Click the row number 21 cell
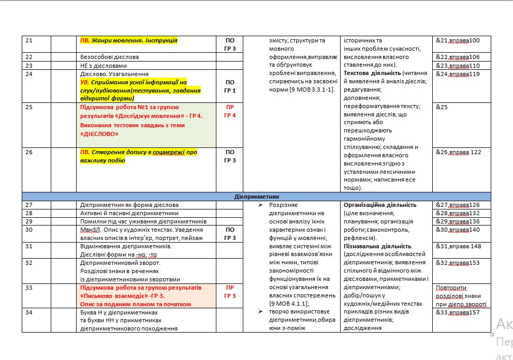[x=29, y=40]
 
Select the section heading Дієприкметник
[x=256, y=197]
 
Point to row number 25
[x=29, y=107]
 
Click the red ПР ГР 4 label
[x=230, y=111]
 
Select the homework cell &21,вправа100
[x=458, y=40]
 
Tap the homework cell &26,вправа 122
[x=459, y=152]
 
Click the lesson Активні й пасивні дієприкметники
[x=129, y=213]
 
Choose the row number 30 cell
[x=29, y=230]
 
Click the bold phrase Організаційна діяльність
[x=376, y=205]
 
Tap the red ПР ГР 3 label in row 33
[x=230, y=291]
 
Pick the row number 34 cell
[x=29, y=312]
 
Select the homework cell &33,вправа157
[x=458, y=312]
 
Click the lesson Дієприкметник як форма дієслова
[x=129, y=205]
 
